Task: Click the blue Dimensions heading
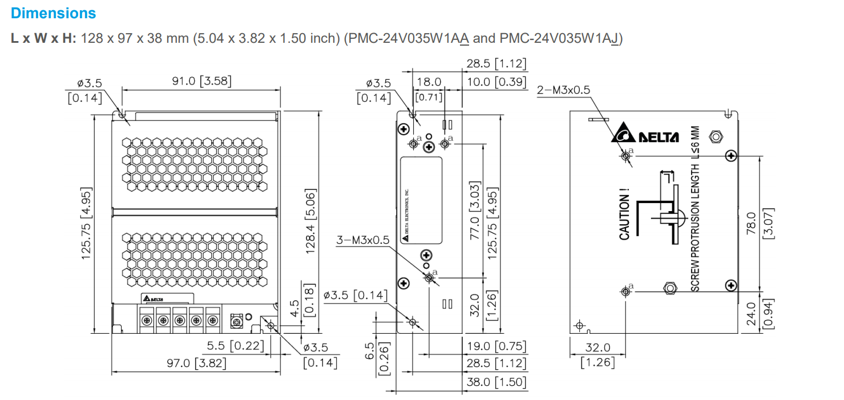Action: [x=53, y=13]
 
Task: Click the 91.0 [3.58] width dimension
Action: [x=202, y=82]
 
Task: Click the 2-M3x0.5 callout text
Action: [x=563, y=90]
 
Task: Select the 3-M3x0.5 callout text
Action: [x=363, y=240]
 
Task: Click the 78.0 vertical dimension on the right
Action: [x=751, y=223]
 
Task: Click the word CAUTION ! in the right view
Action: [x=625, y=217]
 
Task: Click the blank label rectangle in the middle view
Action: [x=422, y=200]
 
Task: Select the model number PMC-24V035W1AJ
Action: [x=559, y=39]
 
